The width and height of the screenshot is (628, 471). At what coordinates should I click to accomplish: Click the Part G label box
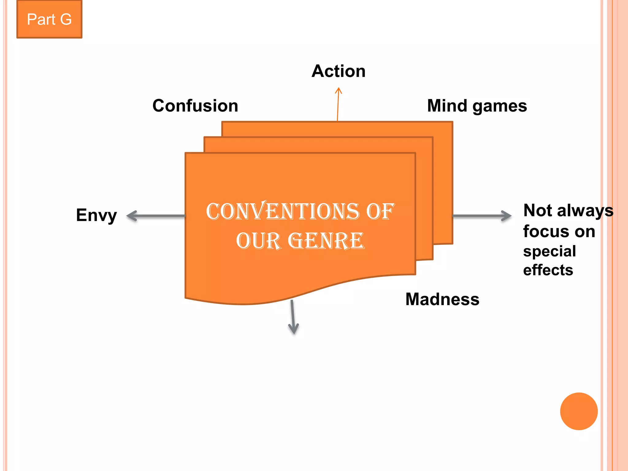49,19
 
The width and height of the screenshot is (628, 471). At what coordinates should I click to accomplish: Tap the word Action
339,71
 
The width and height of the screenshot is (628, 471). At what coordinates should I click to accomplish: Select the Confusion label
195,106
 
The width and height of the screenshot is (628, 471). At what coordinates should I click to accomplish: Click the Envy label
96,215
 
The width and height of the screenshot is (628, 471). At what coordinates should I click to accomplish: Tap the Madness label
442,299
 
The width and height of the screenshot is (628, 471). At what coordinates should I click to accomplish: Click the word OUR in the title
258,241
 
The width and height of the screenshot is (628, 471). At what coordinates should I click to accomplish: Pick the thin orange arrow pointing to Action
338,104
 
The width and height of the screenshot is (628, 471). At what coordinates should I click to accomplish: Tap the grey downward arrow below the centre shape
293,317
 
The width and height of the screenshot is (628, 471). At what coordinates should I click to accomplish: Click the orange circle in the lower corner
579,411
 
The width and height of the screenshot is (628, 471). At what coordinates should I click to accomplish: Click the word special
549,251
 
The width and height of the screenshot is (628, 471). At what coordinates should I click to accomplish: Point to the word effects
548,270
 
